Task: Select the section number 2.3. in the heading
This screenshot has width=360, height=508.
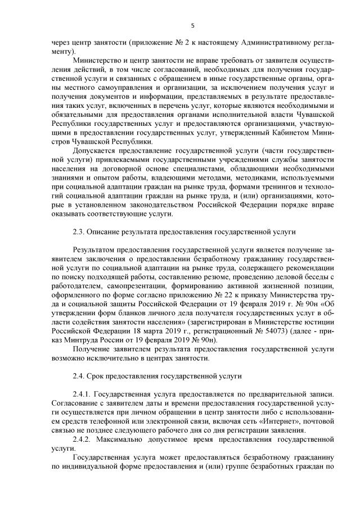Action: tap(79, 232)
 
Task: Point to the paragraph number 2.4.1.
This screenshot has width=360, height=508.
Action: tap(83, 393)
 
